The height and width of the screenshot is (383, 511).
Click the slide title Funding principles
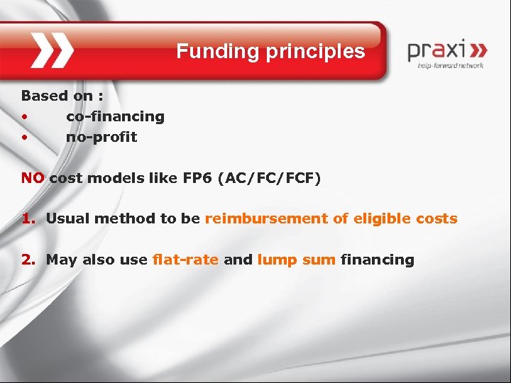tap(270, 52)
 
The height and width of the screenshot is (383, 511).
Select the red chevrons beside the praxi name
tap(478, 50)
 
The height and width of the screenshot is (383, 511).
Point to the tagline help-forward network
tap(451, 65)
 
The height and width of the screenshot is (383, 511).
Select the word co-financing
tap(115, 116)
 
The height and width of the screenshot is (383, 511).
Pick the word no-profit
tap(101, 137)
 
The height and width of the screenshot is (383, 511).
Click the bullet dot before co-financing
tap(24, 117)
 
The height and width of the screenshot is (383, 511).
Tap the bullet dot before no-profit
tap(24, 138)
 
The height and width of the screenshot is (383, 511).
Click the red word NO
tap(33, 177)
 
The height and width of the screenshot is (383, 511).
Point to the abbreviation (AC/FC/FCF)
tap(270, 177)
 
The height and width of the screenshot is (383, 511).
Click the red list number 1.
tap(27, 218)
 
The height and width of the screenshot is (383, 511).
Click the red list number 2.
tap(27, 260)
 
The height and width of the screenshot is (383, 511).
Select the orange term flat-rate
tap(185, 260)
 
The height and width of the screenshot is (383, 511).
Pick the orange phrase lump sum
tap(296, 260)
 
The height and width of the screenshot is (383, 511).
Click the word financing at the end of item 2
tap(377, 260)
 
